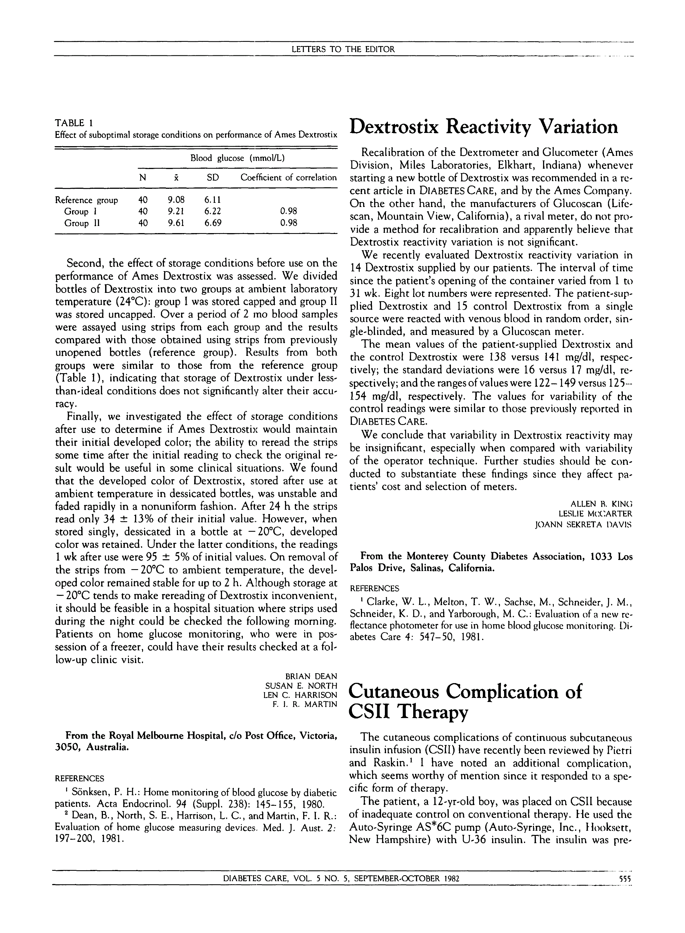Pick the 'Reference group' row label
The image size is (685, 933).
click(x=87, y=200)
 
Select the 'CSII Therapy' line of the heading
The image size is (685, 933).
click(x=409, y=712)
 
